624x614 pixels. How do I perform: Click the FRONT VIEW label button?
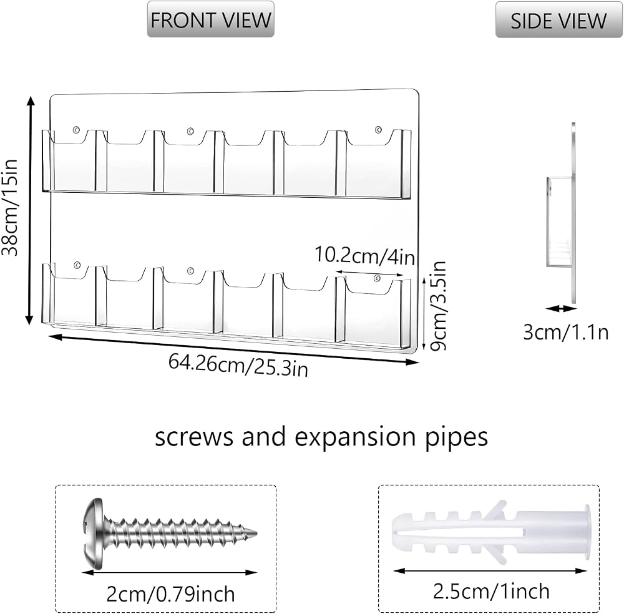[x=210, y=19]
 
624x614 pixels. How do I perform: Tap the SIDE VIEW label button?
[x=558, y=20]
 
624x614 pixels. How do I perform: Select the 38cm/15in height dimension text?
[x=9, y=207]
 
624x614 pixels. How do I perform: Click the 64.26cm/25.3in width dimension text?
[x=238, y=365]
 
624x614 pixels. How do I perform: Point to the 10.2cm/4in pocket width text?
[x=365, y=256]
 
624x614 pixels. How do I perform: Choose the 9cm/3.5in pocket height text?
[x=438, y=306]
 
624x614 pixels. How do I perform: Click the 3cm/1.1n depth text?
[x=566, y=332]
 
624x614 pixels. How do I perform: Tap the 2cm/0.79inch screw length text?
[x=170, y=594]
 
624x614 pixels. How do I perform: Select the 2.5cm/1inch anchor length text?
[x=491, y=592]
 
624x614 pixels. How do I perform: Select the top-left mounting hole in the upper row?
[x=76, y=129]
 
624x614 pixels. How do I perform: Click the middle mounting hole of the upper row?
[x=190, y=130]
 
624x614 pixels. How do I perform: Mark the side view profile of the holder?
[x=561, y=213]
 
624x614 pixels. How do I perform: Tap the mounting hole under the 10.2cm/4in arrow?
[x=378, y=277]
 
